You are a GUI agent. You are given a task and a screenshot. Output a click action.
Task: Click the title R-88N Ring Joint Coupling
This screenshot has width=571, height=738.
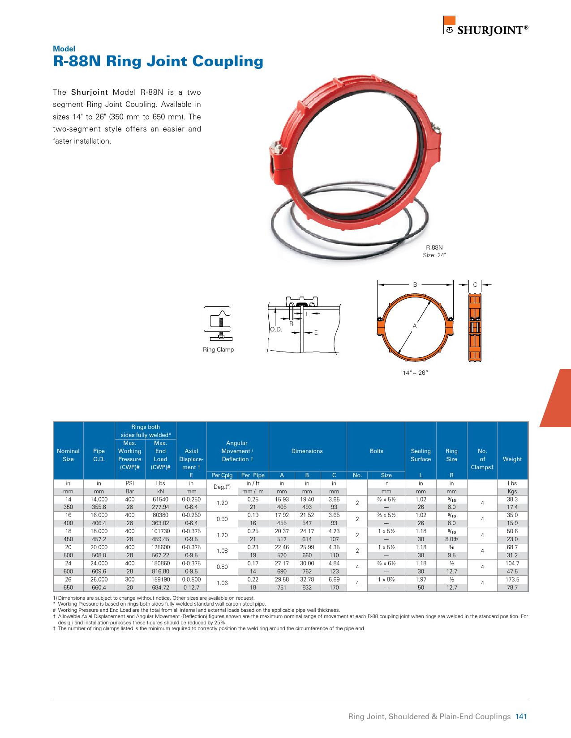[158, 61]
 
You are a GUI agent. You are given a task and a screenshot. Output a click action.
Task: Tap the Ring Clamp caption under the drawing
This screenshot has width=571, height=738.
[218, 349]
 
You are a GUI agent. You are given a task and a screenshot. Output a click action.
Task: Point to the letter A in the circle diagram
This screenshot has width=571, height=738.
[415, 326]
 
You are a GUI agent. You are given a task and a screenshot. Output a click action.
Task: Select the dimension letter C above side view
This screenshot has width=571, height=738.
[475, 284]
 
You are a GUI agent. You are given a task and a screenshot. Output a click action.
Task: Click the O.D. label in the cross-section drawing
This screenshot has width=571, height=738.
[276, 330]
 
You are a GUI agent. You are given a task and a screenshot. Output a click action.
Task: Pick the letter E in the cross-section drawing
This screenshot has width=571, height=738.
[316, 332]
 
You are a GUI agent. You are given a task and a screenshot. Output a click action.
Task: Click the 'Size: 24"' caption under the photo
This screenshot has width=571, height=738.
[434, 255]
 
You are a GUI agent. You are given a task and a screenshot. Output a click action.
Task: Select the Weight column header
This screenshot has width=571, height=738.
[512, 459]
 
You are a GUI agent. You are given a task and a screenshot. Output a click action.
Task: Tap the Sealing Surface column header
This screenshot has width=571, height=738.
[421, 455]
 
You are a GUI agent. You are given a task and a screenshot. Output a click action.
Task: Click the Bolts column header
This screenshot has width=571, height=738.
[376, 451]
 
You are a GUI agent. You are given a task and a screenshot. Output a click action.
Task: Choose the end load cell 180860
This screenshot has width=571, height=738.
[160, 564]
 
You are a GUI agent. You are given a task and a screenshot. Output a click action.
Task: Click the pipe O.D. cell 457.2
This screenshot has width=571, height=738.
[99, 539]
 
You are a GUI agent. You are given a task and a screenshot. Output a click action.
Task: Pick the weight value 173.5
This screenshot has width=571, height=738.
[512, 580]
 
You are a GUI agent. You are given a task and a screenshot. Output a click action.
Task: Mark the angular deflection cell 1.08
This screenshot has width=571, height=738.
[222, 551]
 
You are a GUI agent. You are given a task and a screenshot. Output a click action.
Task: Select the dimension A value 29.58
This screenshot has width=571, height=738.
[282, 580]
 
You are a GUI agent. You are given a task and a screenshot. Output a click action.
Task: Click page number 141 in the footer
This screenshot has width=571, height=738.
[521, 717]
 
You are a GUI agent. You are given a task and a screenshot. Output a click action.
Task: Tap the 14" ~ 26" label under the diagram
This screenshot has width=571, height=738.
[416, 373]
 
